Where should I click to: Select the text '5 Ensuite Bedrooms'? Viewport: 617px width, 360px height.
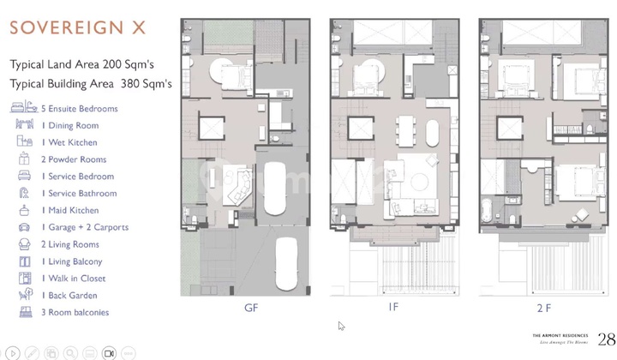(79, 109)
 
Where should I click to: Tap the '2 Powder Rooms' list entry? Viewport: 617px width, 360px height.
(74, 159)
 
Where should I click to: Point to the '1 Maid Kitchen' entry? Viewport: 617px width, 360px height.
(70, 210)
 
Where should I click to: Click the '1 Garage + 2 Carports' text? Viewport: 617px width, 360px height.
(85, 227)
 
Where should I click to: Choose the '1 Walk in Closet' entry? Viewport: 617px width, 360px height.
(75, 279)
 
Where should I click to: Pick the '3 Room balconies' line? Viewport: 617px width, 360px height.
(75, 312)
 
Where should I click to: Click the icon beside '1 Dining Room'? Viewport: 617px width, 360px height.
(22, 125)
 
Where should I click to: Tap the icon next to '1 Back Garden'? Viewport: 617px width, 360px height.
(22, 295)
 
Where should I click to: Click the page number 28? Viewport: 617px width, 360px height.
(606, 339)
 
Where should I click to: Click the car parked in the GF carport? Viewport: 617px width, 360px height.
(285, 256)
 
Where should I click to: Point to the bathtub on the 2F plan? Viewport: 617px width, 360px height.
(488, 211)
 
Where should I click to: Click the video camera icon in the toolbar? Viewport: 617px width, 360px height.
(109, 352)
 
